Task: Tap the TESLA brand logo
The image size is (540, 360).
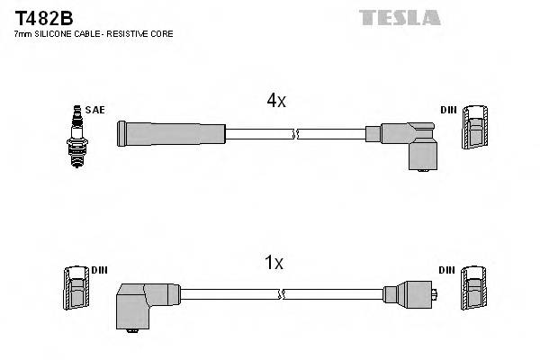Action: pyautogui.click(x=400, y=17)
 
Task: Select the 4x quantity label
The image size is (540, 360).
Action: pyautogui.click(x=275, y=101)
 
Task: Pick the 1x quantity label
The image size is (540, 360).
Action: pyautogui.click(x=274, y=263)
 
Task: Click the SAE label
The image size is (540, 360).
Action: pyautogui.click(x=96, y=110)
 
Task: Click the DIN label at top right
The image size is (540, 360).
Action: pyautogui.click(x=447, y=110)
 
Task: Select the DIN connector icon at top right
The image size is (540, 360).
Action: pyautogui.click(x=474, y=128)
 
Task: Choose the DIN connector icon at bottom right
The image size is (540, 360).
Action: pyautogui.click(x=474, y=289)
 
